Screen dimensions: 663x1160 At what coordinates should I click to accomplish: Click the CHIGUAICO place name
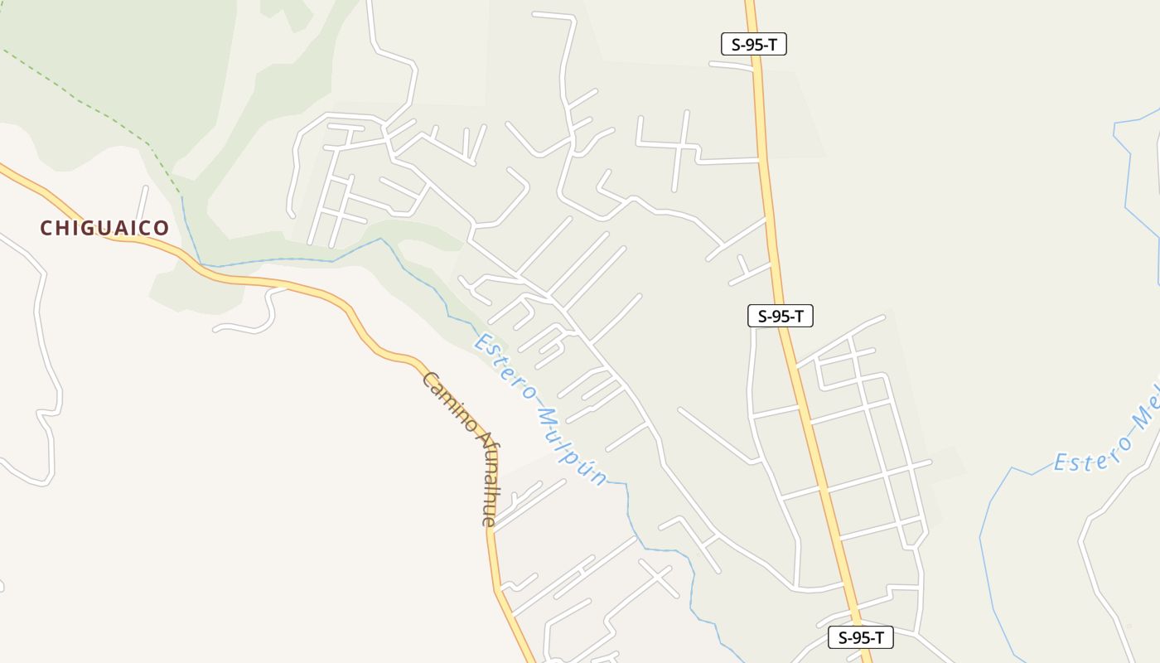(104, 228)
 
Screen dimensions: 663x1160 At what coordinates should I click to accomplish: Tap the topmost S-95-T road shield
(753, 45)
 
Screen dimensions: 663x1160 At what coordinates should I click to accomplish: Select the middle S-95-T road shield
(781, 316)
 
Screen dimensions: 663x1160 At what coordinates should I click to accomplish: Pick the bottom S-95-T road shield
(861, 637)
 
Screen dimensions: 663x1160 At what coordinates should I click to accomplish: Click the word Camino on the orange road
(448, 401)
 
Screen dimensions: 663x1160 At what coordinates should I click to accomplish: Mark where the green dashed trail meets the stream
(181, 196)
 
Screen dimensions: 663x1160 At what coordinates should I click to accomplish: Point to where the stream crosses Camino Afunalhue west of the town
(201, 266)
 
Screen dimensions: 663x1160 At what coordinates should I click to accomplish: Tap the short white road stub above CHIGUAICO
(143, 201)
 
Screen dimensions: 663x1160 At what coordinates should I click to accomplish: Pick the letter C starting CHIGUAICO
(46, 228)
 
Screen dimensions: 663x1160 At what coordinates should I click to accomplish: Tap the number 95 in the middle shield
(781, 316)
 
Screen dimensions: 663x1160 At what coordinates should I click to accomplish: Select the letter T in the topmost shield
(774, 45)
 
